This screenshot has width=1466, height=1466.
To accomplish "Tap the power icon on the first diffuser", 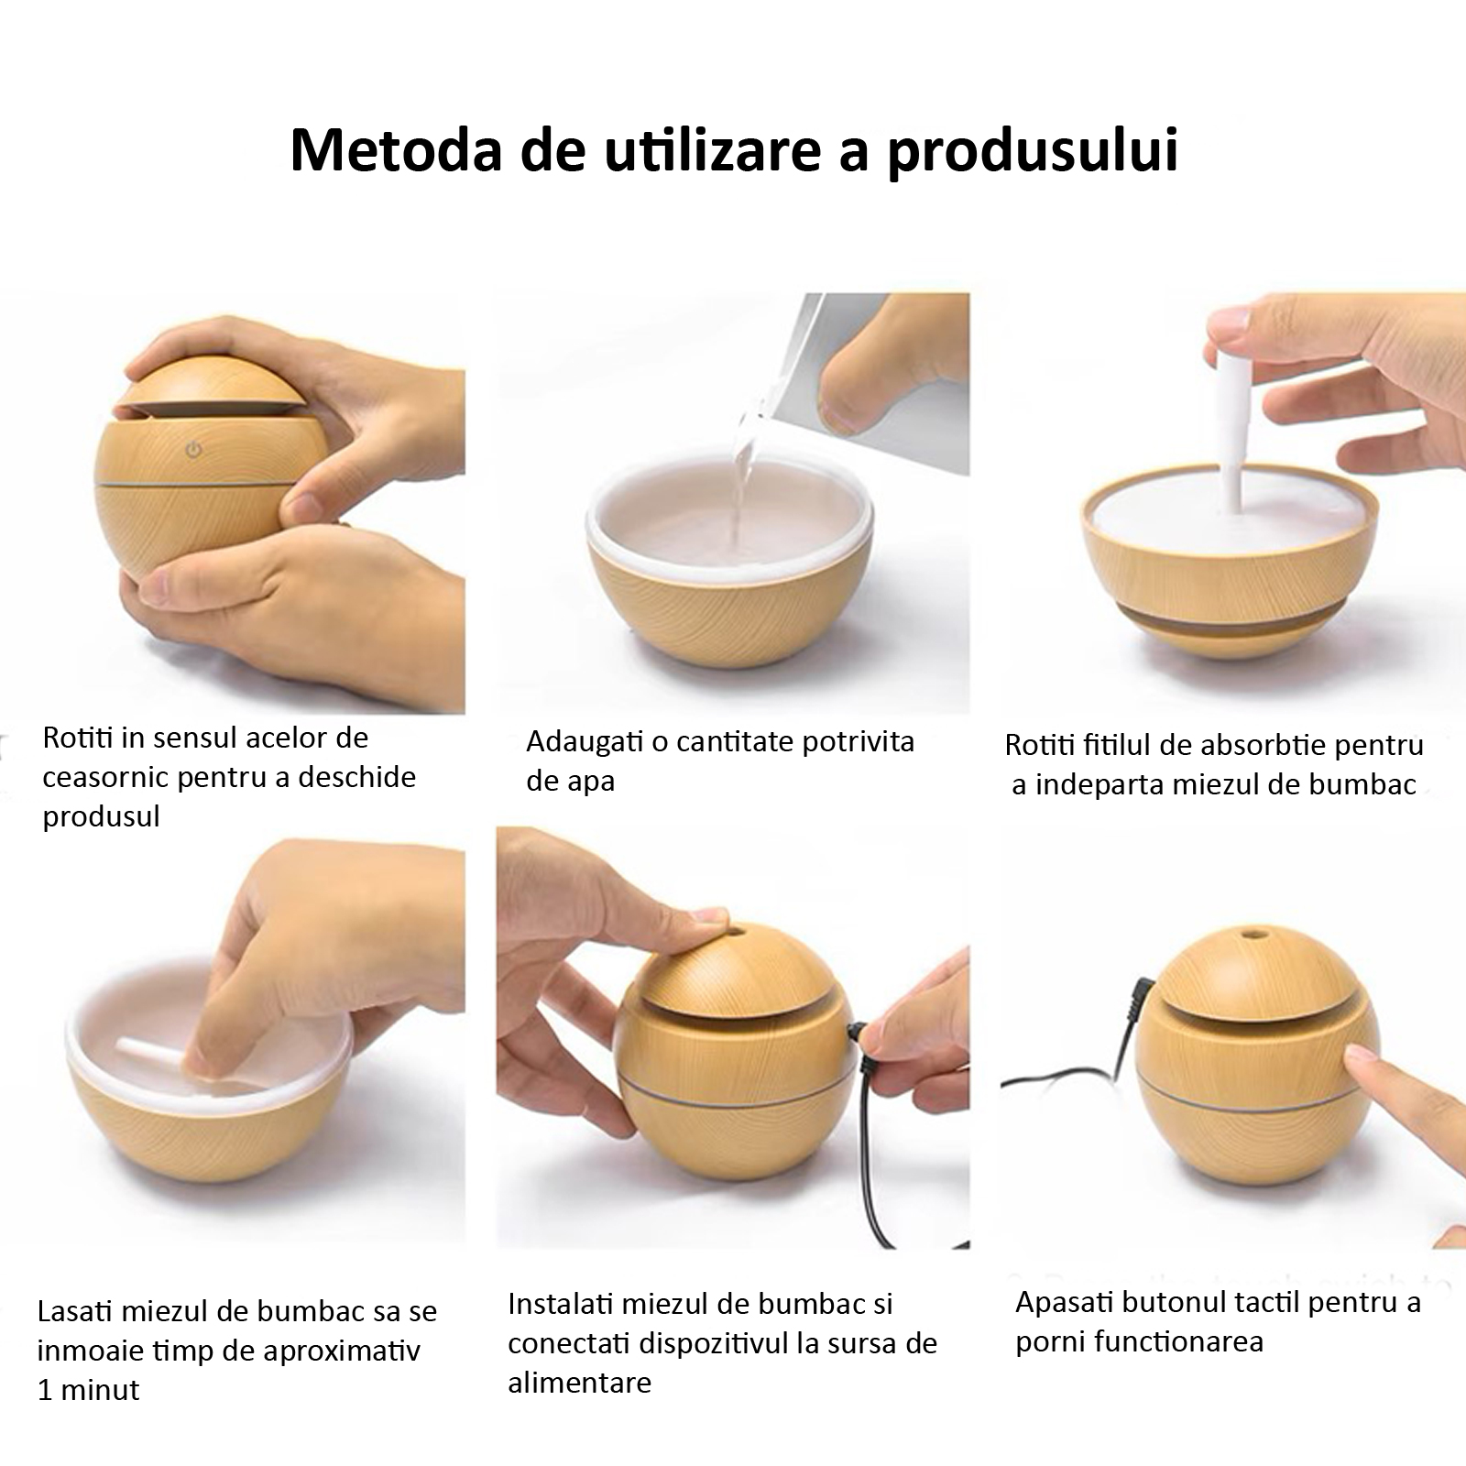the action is [x=193, y=450].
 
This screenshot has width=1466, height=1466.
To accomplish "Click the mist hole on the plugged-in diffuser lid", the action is [x=737, y=935].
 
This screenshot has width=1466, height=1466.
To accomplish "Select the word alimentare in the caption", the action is [x=579, y=1383].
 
